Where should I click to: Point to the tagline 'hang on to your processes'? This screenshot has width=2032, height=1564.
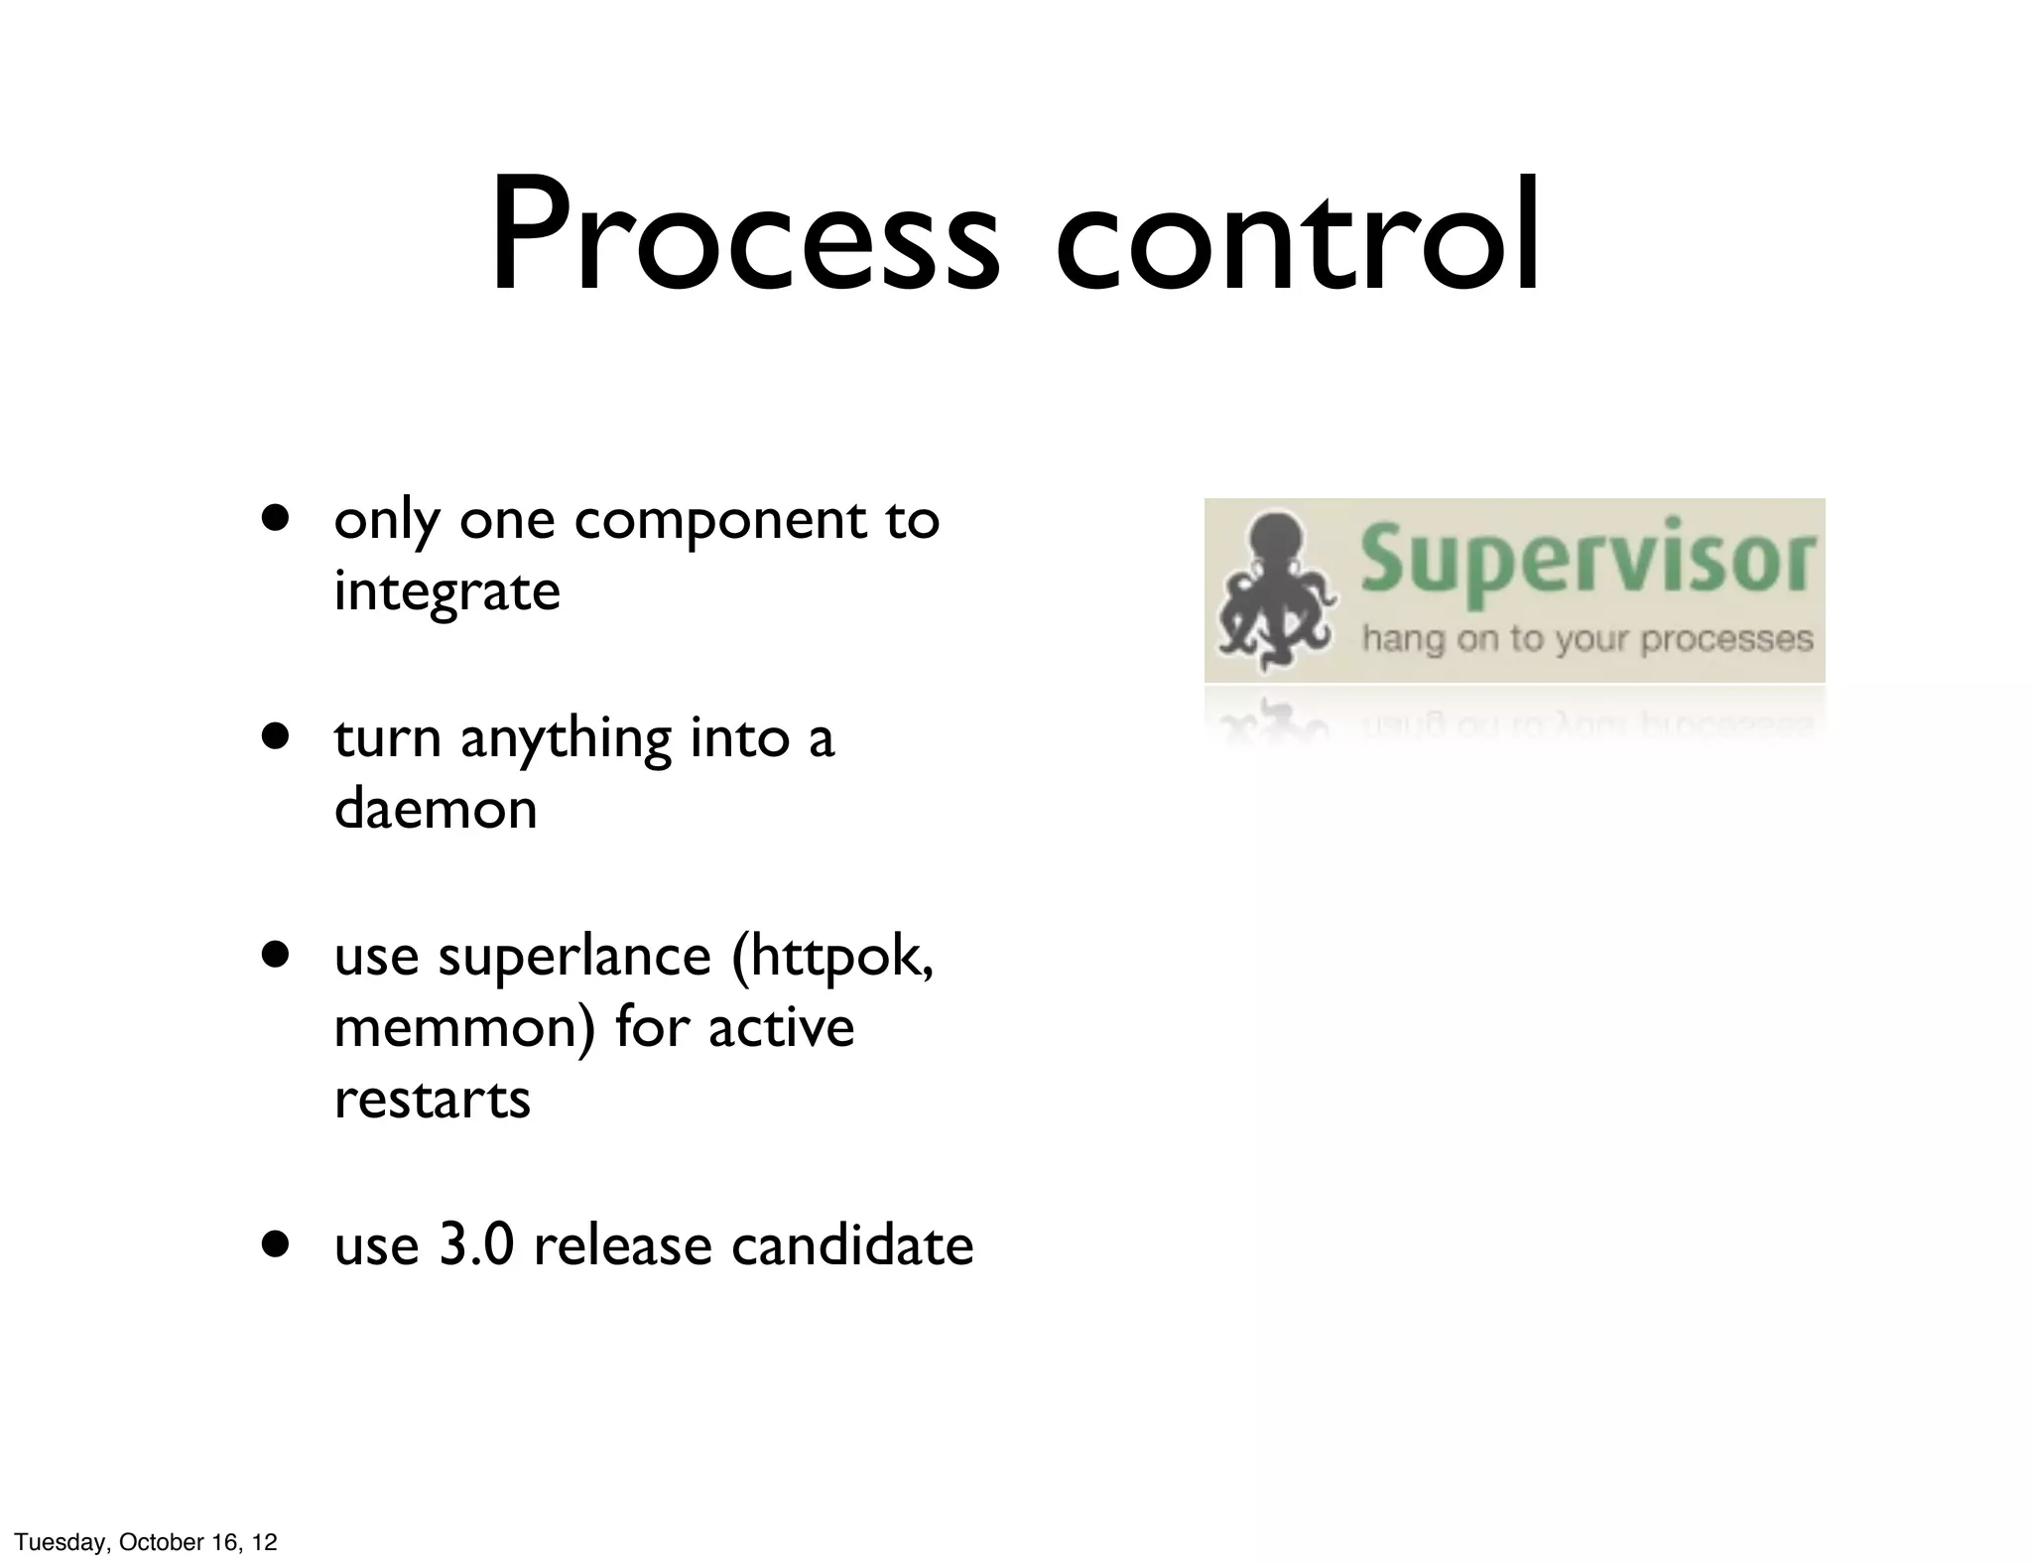(1587, 638)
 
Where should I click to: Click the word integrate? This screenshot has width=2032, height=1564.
(447, 591)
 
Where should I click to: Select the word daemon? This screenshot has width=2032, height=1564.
(436, 809)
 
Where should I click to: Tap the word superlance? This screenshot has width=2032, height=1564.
(574, 956)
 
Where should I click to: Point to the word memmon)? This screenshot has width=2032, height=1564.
(464, 1027)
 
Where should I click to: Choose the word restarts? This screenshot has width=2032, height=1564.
(433, 1100)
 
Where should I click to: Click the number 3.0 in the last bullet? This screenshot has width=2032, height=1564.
(476, 1244)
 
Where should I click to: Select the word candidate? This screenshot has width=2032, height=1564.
(852, 1244)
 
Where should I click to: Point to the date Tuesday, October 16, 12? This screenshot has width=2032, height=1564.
(145, 1542)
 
